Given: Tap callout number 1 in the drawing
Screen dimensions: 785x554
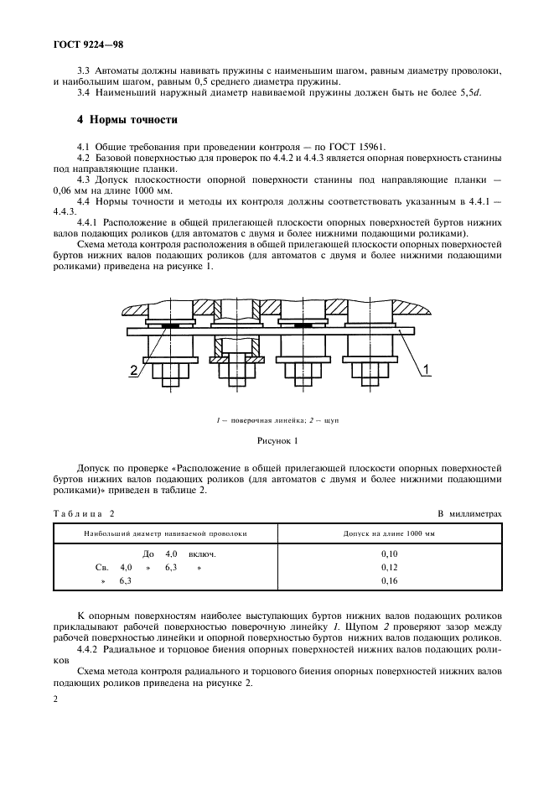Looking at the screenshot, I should coord(426,369).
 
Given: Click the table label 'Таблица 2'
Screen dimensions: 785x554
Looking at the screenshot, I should coord(83,512).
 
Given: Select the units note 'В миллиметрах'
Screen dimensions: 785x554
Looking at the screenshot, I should coord(469,512).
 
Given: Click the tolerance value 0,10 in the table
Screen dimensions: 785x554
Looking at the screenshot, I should coord(389,554).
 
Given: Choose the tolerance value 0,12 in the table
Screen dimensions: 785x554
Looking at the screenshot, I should coord(389,568).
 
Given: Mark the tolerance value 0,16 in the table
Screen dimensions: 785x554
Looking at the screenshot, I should coord(389,580).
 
